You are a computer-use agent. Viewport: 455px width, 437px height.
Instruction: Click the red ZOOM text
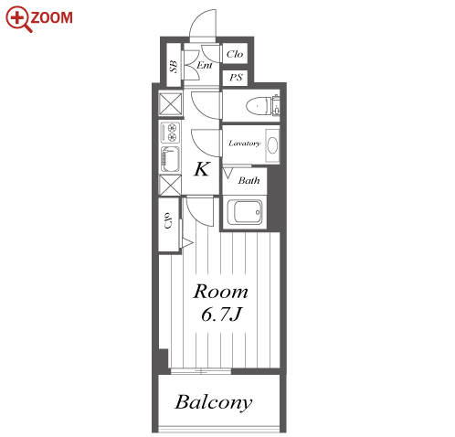[x=51, y=17]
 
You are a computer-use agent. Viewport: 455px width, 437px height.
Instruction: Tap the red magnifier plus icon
[x=18, y=18]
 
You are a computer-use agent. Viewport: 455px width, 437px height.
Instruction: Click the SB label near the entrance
[x=174, y=67]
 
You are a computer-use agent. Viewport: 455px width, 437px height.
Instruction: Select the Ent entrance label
[x=205, y=65]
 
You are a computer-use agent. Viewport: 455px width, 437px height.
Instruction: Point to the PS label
[x=236, y=78]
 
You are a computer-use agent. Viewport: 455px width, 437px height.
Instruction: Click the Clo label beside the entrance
[x=235, y=54]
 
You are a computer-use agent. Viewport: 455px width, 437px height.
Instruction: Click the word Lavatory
[x=245, y=143]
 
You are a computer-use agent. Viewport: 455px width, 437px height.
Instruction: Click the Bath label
[x=249, y=180]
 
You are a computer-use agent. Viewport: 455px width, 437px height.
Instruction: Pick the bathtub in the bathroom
[x=245, y=212]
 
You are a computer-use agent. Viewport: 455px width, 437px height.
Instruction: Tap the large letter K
[x=202, y=169]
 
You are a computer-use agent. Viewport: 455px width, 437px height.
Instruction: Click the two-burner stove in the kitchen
[x=170, y=133]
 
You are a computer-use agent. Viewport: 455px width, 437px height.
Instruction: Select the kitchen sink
[x=170, y=159]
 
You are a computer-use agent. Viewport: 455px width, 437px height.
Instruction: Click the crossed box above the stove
[x=171, y=104]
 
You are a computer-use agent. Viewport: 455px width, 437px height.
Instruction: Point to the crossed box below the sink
[x=170, y=185]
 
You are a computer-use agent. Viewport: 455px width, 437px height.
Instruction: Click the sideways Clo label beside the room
[x=168, y=220]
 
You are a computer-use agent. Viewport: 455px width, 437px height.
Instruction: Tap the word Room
[x=221, y=292]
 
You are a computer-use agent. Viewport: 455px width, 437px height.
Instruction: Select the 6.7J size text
[x=221, y=314]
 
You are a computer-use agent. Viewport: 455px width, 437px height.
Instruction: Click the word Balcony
[x=214, y=403]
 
